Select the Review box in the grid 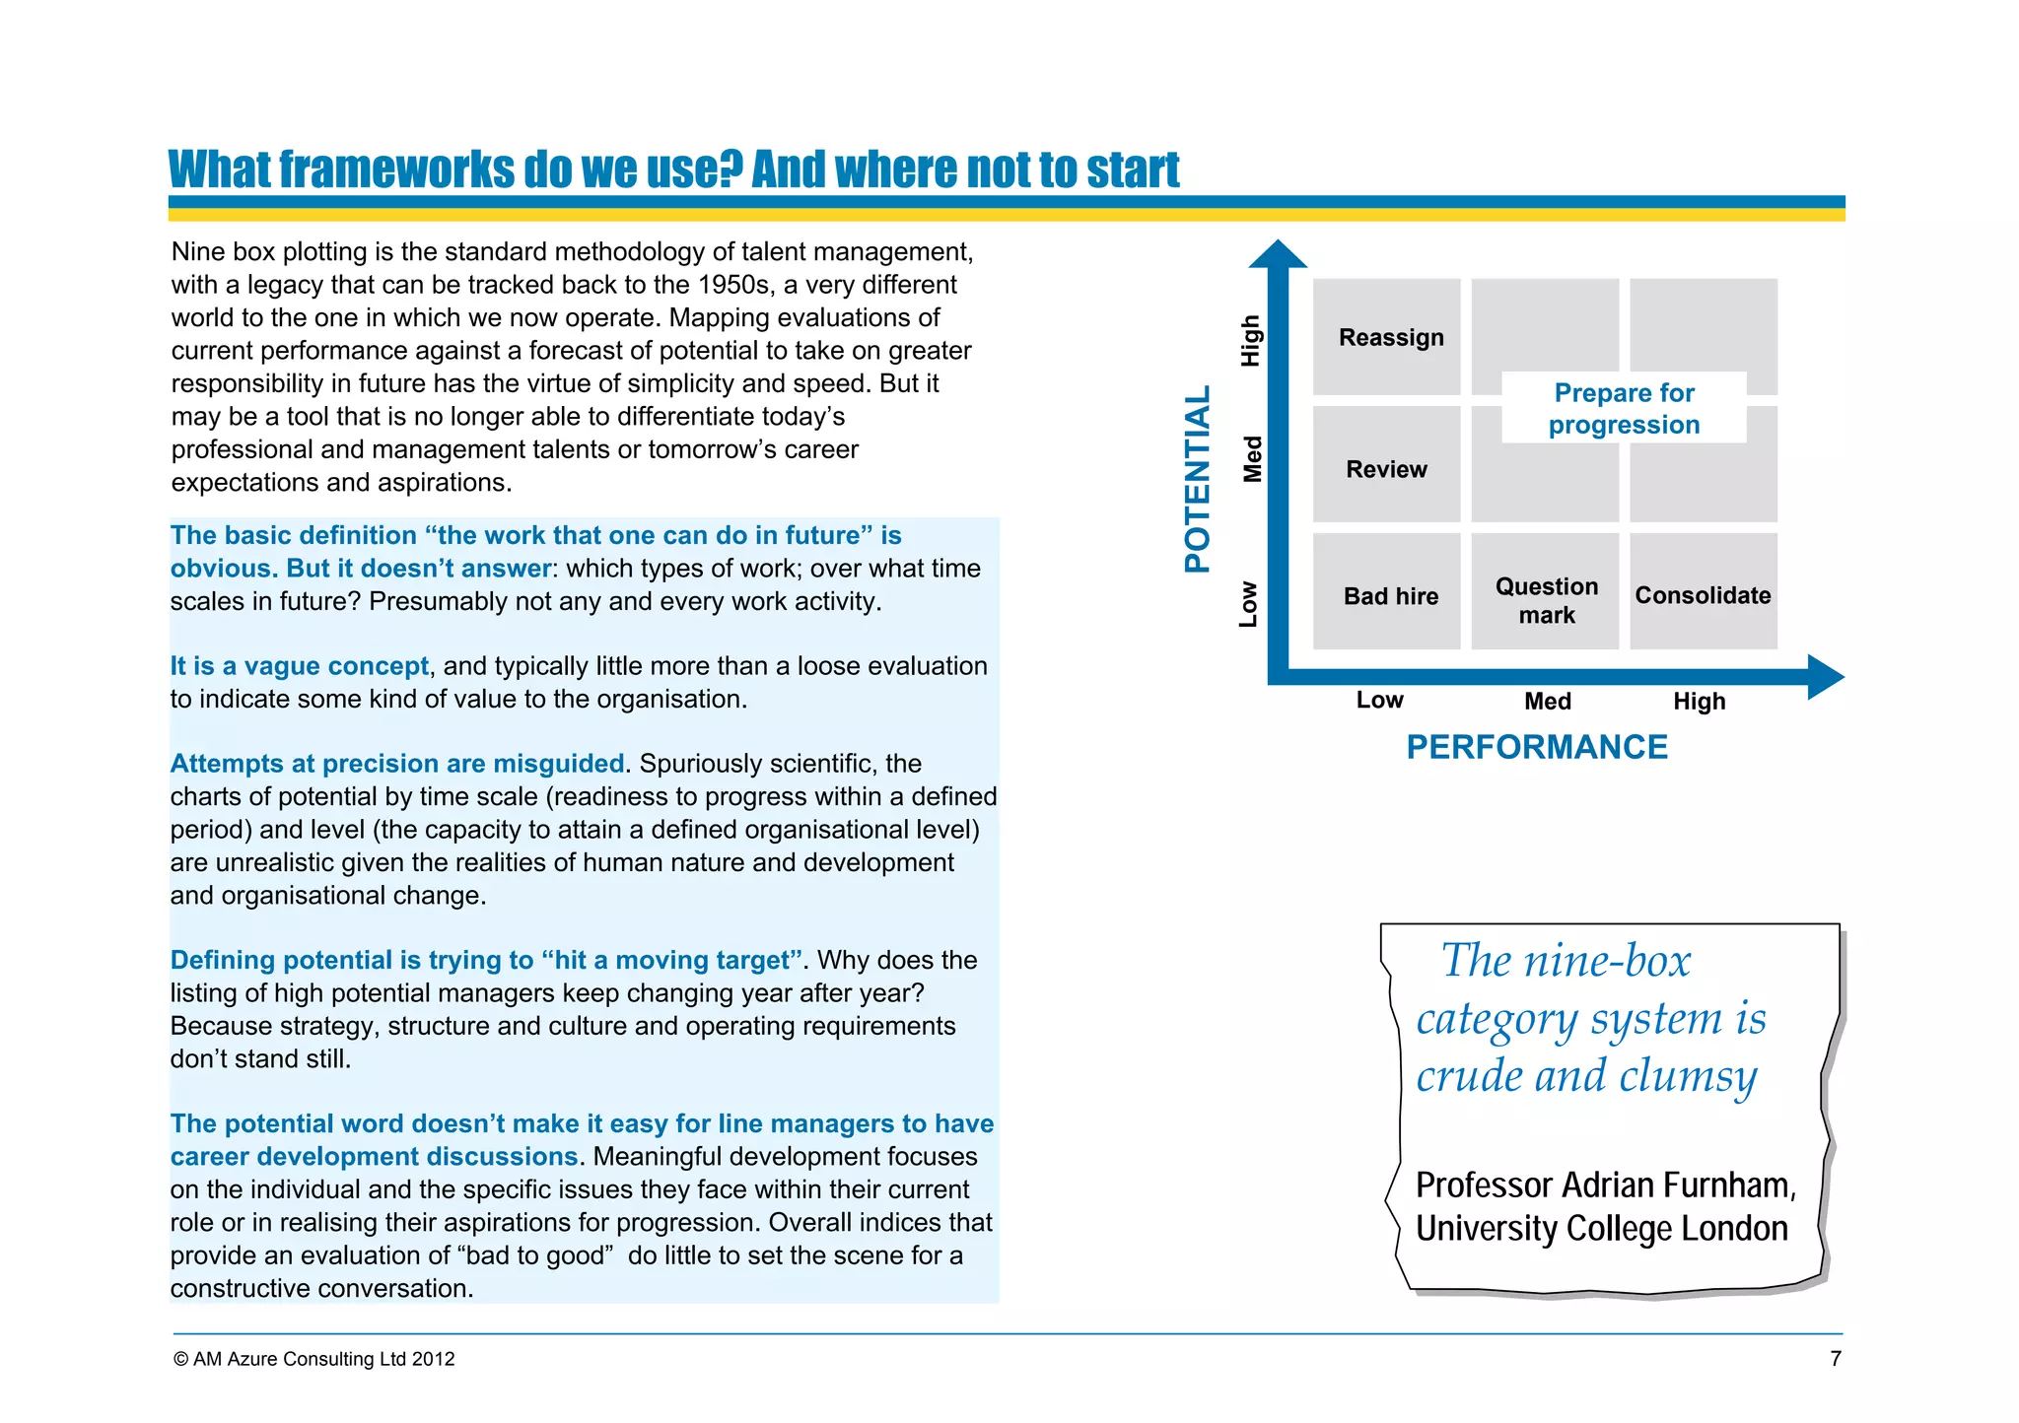pyautogui.click(x=1386, y=468)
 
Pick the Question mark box pyautogui.click(x=1546, y=600)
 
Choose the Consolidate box pyautogui.click(x=1703, y=595)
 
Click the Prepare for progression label pyautogui.click(x=1624, y=408)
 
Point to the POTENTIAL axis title pyautogui.click(x=1197, y=478)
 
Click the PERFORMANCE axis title pyautogui.click(x=1537, y=747)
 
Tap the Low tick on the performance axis pyautogui.click(x=1379, y=700)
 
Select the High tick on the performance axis pyautogui.click(x=1699, y=701)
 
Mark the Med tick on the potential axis pyautogui.click(x=1251, y=458)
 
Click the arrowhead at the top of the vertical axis pyautogui.click(x=1278, y=253)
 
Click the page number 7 pyautogui.click(x=1835, y=1358)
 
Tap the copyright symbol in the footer pyautogui.click(x=180, y=1359)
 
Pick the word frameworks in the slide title pyautogui.click(x=396, y=169)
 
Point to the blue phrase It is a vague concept pyautogui.click(x=299, y=666)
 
